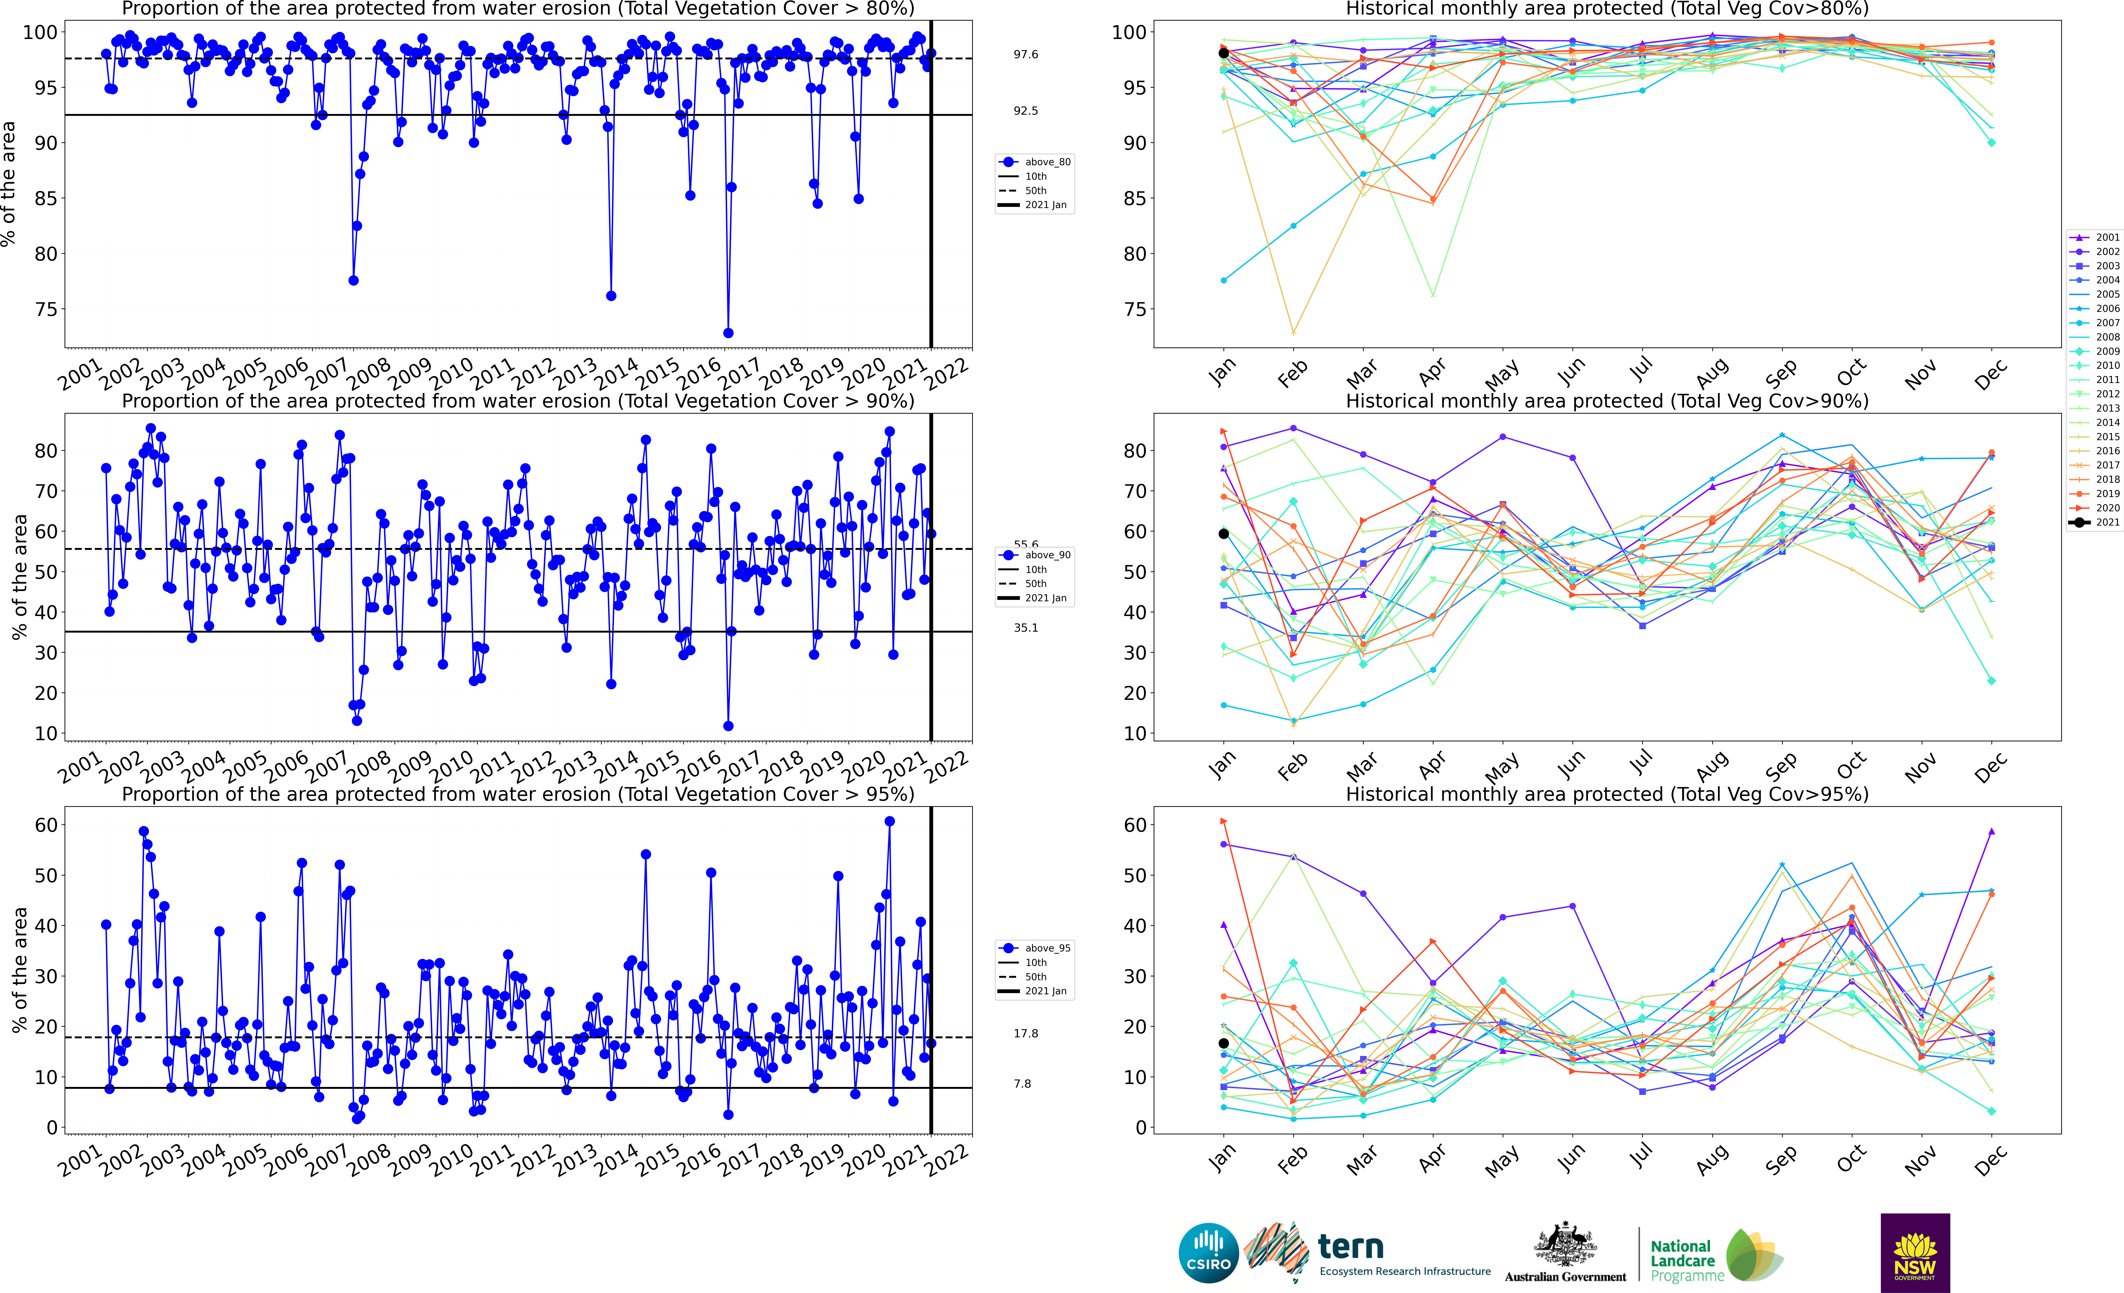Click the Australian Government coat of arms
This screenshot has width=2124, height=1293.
pyautogui.click(x=1565, y=1246)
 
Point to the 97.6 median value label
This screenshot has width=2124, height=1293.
pyautogui.click(x=1026, y=54)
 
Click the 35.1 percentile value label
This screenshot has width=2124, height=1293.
pyautogui.click(x=1026, y=628)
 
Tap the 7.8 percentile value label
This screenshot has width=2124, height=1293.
pyautogui.click(x=1022, y=1084)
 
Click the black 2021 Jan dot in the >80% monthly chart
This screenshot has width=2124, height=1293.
pyautogui.click(x=1223, y=53)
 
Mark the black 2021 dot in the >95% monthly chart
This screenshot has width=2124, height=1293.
pyautogui.click(x=1223, y=1043)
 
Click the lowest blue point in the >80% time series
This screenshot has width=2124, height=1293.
pyautogui.click(x=728, y=333)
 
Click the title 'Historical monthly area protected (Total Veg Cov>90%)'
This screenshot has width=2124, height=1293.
pyautogui.click(x=1607, y=401)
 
